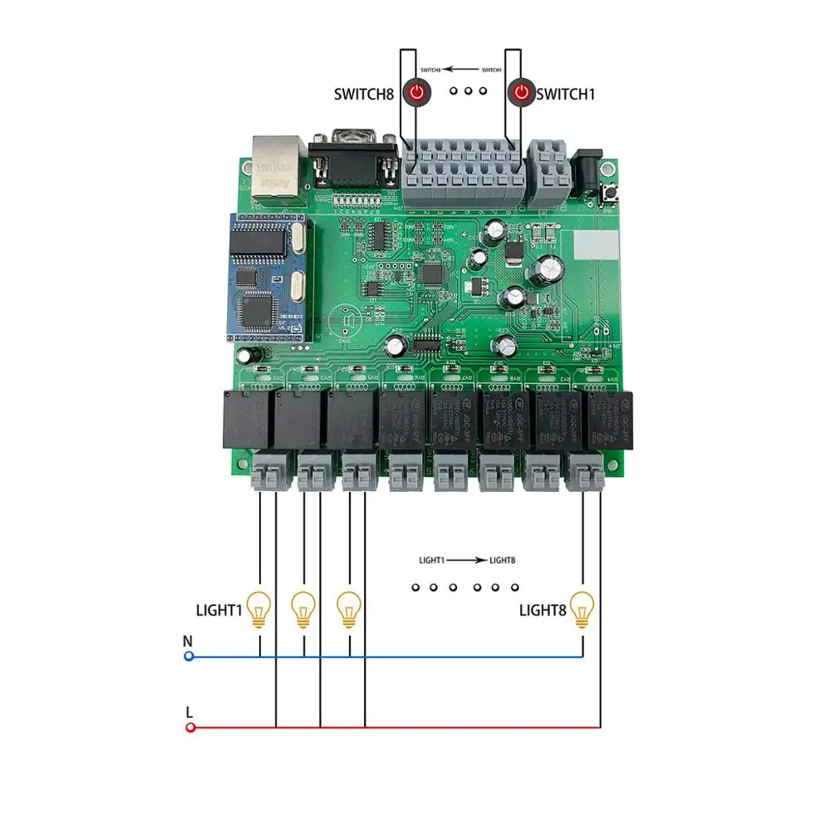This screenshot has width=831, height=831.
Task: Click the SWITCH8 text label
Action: coord(364,94)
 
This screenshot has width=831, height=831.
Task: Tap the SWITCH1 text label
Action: coord(566,94)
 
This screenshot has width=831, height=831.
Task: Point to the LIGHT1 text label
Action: coord(219,611)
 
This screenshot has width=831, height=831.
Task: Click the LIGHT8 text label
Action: coord(543,611)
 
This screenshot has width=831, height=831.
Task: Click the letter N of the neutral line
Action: coord(187,641)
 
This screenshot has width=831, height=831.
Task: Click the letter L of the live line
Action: coord(189,712)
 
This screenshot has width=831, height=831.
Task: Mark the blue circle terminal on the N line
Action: coord(189,656)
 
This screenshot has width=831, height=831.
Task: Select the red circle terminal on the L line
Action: coord(190,728)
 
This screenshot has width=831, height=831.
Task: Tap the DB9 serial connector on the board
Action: coord(352,162)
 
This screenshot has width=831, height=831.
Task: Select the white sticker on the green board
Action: coord(596,243)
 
